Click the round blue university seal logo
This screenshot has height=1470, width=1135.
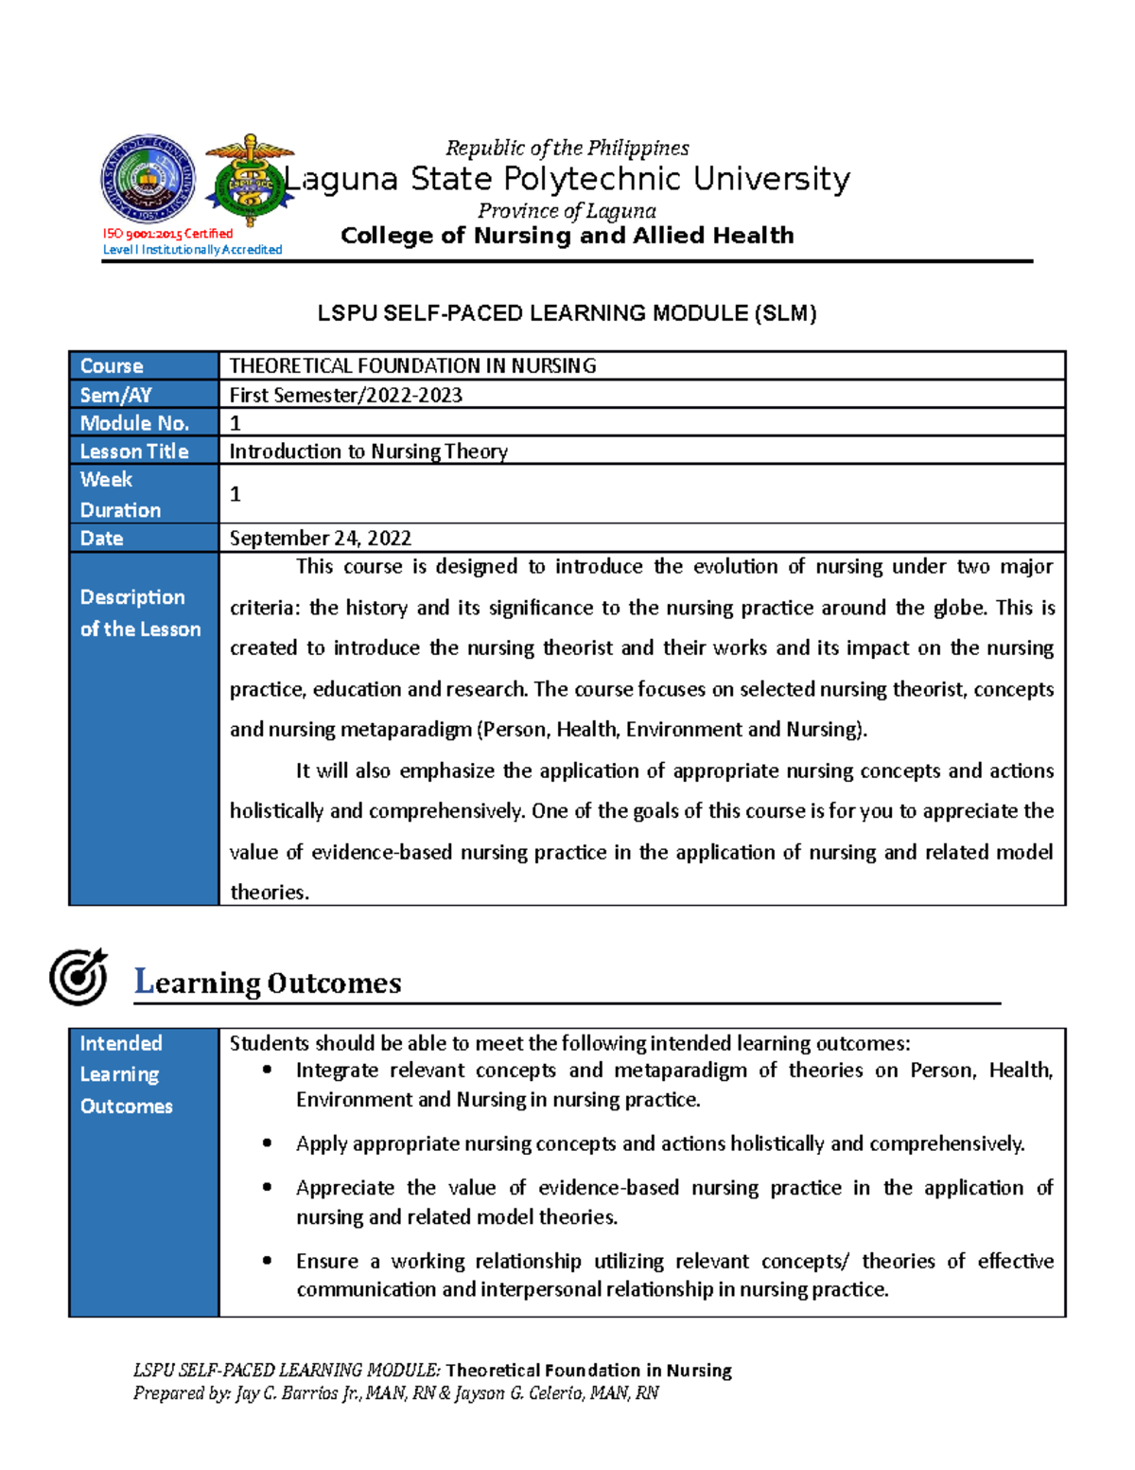tap(148, 179)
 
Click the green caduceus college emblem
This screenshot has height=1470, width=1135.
tap(249, 180)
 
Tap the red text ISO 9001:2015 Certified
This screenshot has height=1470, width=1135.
tap(167, 234)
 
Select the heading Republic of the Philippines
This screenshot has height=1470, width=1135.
tap(567, 149)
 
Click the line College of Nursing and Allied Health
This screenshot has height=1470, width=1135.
tap(567, 236)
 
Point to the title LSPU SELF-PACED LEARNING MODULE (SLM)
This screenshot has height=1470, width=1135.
tap(567, 313)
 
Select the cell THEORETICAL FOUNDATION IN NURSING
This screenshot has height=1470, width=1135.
tap(412, 366)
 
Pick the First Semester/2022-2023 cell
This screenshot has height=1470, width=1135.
tap(345, 396)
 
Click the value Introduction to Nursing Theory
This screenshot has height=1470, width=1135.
tap(368, 452)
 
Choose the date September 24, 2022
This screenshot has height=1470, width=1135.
tap(320, 539)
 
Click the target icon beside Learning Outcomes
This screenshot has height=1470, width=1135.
tap(79, 977)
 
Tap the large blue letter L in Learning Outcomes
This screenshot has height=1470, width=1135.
tap(144, 981)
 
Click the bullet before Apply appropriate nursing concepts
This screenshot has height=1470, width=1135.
tap(268, 1143)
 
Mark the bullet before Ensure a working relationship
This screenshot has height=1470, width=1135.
tap(268, 1261)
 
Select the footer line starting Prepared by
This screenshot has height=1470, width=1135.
tap(395, 1393)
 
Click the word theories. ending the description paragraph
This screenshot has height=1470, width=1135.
tap(269, 893)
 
